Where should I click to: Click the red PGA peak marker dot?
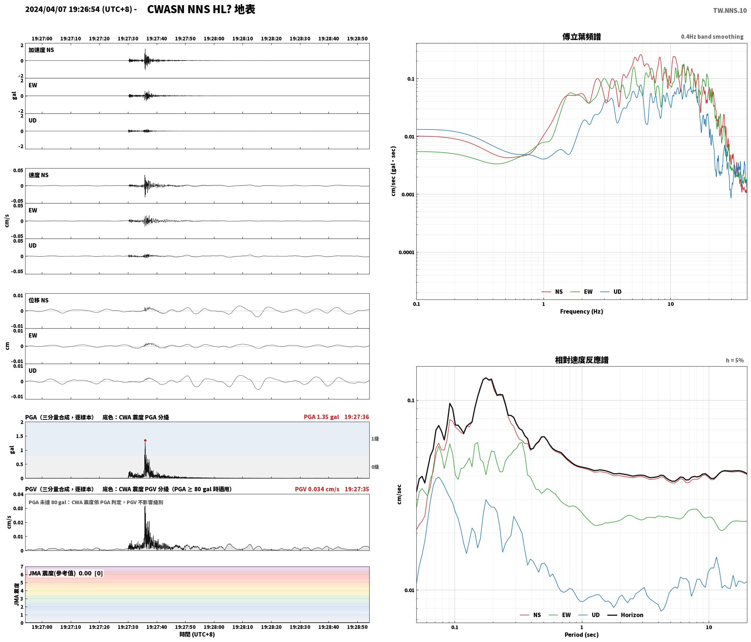pos(145,440)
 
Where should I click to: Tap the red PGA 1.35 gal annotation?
pos(321,417)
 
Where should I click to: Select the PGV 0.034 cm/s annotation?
pos(317,489)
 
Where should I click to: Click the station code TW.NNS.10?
pos(730,11)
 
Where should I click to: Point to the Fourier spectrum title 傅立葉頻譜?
pos(581,37)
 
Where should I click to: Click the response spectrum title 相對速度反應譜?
pos(581,360)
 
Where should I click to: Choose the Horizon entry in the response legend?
pos(626,615)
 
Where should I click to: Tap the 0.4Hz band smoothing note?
pos(712,37)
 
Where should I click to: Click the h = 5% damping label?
pos(735,360)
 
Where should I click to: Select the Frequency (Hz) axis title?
pos(581,312)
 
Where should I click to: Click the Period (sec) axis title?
pos(581,635)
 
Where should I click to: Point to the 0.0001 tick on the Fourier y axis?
pos(406,252)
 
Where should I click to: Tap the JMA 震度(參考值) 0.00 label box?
pos(66,573)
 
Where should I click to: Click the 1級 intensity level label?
pos(375,439)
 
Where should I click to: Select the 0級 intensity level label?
pos(375,467)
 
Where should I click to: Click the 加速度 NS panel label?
pos(41,50)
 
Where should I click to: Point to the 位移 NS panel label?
pos(38,300)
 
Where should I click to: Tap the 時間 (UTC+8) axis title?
pos(197,634)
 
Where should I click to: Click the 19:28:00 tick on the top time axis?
pos(214,39)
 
